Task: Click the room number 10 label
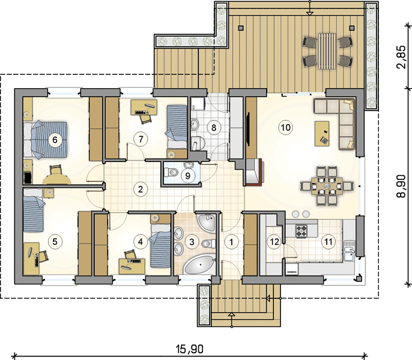coord(286,128)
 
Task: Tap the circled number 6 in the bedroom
coord(55,140)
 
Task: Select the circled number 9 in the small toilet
coord(187,175)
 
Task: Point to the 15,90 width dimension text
coord(189,349)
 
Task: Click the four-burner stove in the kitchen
coord(301,231)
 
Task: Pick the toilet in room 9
coord(172,173)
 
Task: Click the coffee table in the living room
coord(322,133)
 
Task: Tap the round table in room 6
coord(57,179)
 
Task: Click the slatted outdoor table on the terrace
coord(327,51)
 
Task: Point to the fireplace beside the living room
coord(255,172)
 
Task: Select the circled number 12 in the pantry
coord(274,242)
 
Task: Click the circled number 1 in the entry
coord(231,242)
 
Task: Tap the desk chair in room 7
coord(147,119)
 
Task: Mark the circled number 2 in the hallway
coord(141,189)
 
